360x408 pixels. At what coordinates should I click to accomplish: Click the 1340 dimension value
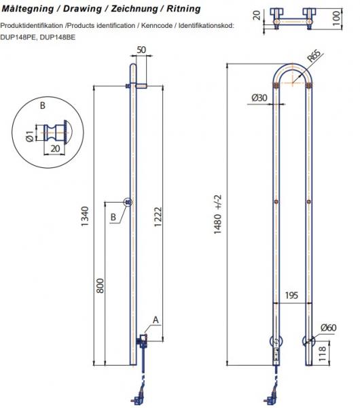85,216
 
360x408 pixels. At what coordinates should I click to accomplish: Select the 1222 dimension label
158,217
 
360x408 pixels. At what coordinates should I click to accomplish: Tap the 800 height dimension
100,286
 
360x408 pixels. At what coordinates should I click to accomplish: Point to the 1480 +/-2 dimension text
218,214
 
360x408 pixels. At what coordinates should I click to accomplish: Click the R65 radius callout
314,56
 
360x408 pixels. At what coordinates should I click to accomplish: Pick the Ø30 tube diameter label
259,98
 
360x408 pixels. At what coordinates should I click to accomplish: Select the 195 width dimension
291,295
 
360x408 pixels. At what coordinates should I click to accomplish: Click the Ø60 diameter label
329,328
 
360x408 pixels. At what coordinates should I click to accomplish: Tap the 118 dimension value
322,354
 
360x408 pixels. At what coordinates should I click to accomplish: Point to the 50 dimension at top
141,50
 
